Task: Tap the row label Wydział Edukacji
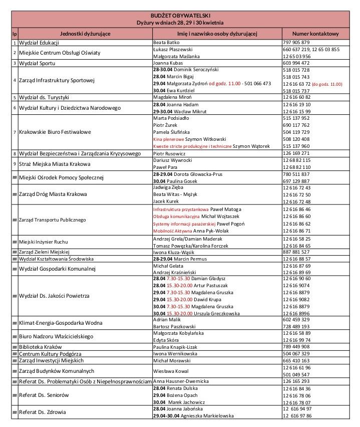pos(39,43)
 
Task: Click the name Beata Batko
pos(168,43)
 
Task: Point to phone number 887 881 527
pos(296,252)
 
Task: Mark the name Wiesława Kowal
pos(171,371)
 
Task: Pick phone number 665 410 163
pos(296,360)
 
